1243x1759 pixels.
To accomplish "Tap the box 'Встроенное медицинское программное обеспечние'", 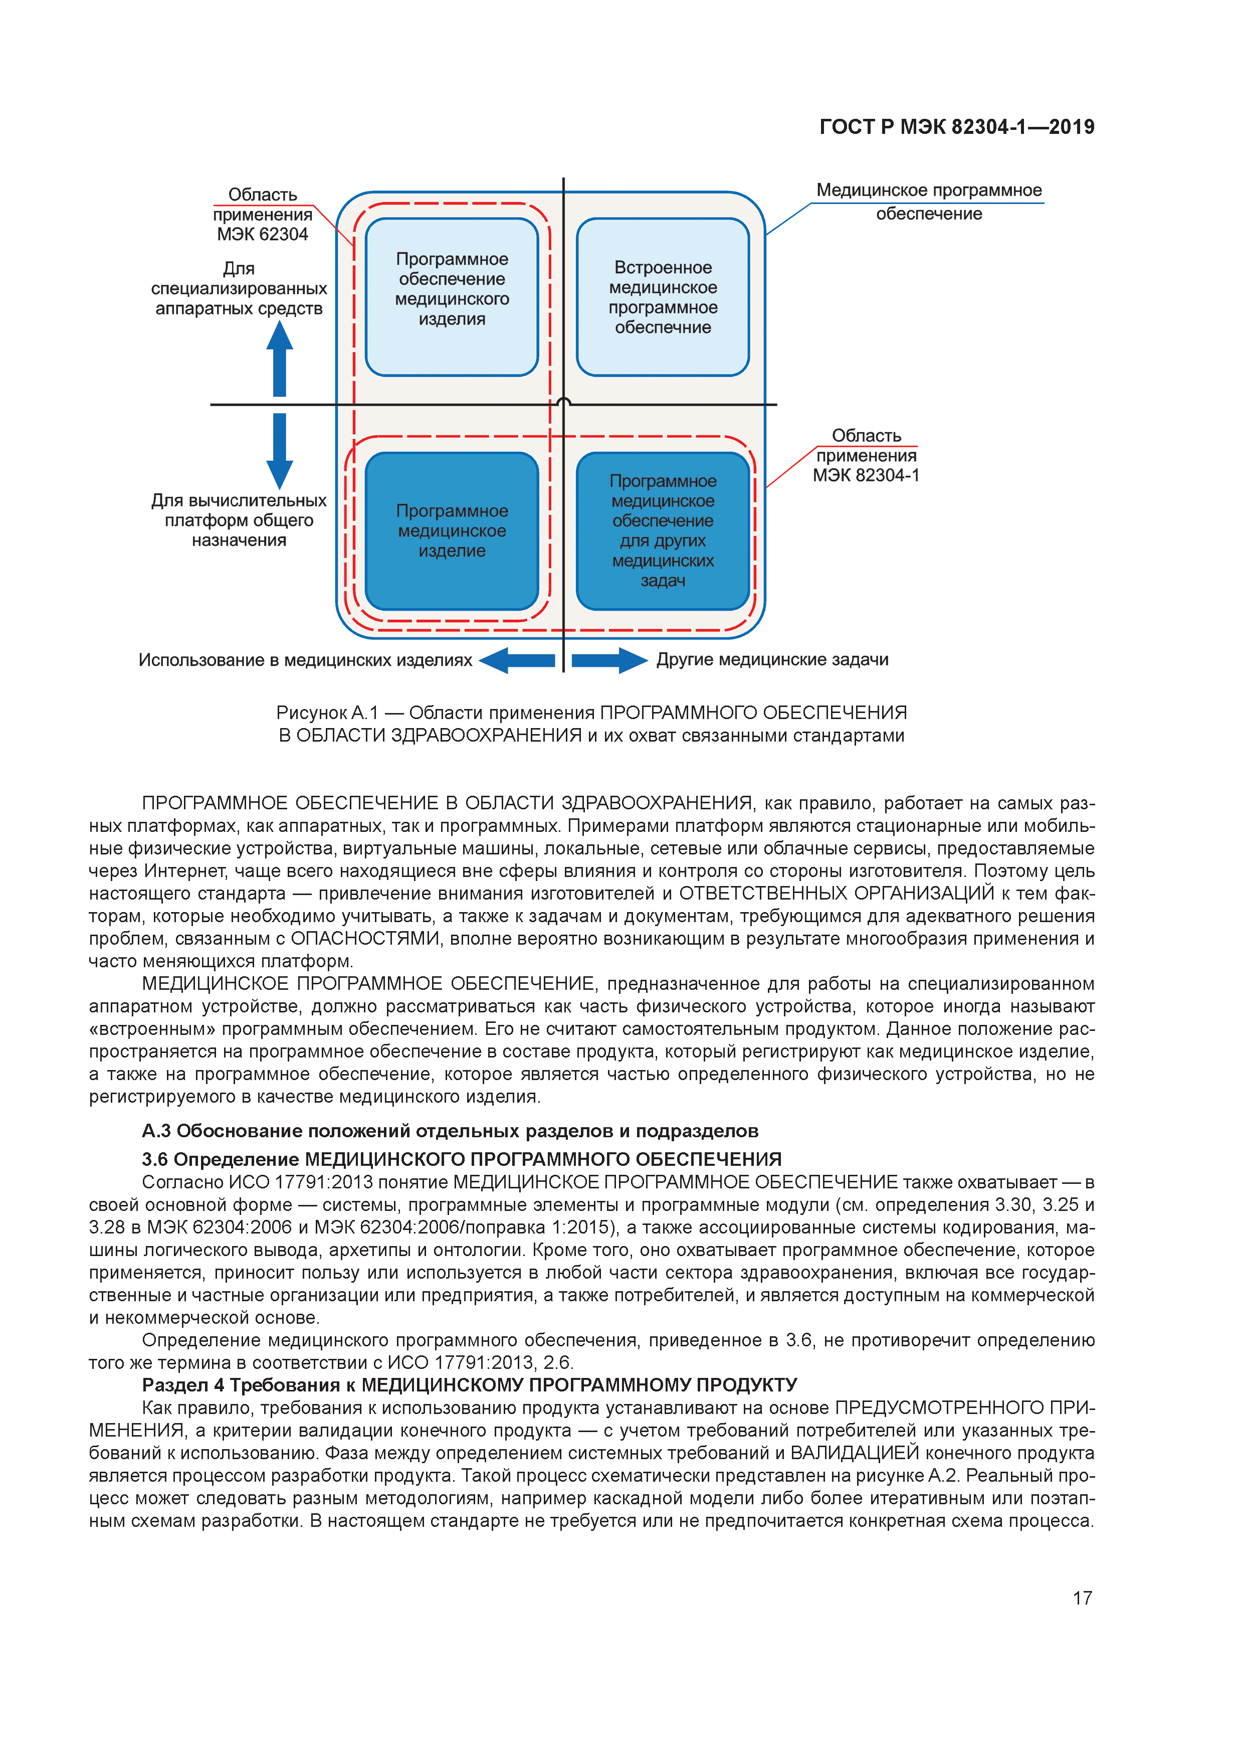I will point(663,297).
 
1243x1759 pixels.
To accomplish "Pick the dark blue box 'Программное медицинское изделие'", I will point(452,531).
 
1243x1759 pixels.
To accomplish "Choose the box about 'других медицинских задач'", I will point(663,531).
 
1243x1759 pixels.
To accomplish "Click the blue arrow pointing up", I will point(280,359).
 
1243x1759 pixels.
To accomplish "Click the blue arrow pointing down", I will point(280,450).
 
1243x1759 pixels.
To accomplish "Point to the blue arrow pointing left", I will point(517,660).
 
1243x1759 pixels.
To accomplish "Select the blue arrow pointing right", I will point(609,660).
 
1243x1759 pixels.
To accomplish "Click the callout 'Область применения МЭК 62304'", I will point(262,215).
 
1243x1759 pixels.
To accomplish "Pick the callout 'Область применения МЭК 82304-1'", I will point(866,456).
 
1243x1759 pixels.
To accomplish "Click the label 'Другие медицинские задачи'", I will point(772,660).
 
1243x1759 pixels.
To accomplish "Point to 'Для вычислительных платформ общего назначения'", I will point(239,520).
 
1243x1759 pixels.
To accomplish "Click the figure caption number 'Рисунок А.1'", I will point(327,713).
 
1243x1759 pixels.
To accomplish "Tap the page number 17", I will point(1082,1598).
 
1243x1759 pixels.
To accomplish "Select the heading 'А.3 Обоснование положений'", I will point(450,1131).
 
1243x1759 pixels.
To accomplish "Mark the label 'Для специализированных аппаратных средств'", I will point(239,289).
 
